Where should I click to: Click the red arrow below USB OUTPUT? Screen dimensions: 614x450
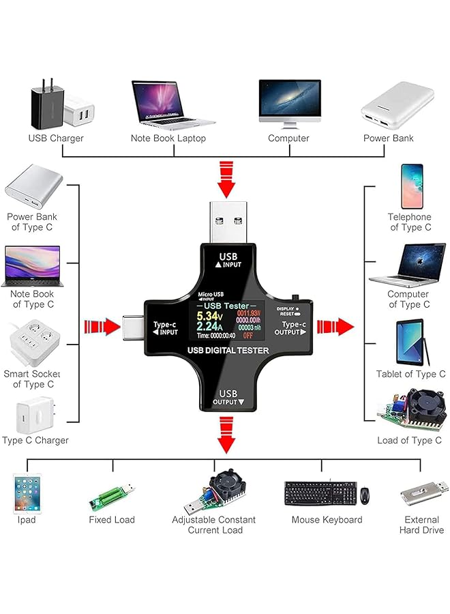coord(226,436)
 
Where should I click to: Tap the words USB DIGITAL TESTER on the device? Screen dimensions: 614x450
coord(228,351)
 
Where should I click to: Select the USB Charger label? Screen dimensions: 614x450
coord(56,138)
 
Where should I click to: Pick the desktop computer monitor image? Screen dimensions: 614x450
coord(289,102)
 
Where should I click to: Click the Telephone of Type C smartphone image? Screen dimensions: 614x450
coord(412,186)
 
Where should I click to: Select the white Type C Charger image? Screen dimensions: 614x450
coord(34,414)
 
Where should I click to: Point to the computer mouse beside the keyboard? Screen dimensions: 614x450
coord(365,493)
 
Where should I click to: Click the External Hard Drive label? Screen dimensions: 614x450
coord(422,525)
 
